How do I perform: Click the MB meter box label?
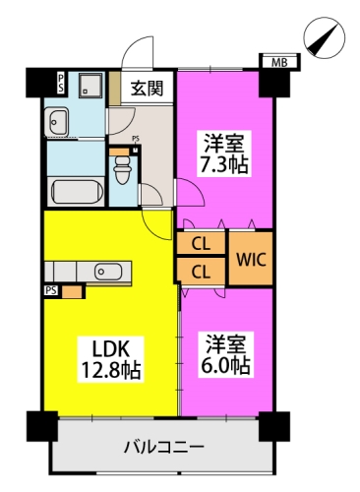pos(279,62)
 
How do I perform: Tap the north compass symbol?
pos(325,38)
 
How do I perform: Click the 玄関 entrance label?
pos(147,88)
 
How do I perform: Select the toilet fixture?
pos(122,169)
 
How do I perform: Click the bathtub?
pos(77,192)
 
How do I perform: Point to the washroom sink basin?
pos(57,121)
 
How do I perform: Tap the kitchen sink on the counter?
pos(108,272)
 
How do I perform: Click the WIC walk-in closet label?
pos(251,260)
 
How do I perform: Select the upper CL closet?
pos(201,243)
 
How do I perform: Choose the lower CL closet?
pos(201,272)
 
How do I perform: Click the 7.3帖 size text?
pos(224,165)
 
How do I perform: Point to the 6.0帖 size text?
pos(225,366)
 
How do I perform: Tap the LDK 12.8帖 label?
pos(111,359)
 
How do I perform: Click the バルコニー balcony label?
pos(164,447)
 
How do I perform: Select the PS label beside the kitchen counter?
pos(51,290)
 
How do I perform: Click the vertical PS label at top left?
pos(61,83)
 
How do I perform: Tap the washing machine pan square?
pos(90,85)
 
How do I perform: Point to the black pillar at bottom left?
pos(42,426)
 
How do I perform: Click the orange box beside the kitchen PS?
pos(72,292)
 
